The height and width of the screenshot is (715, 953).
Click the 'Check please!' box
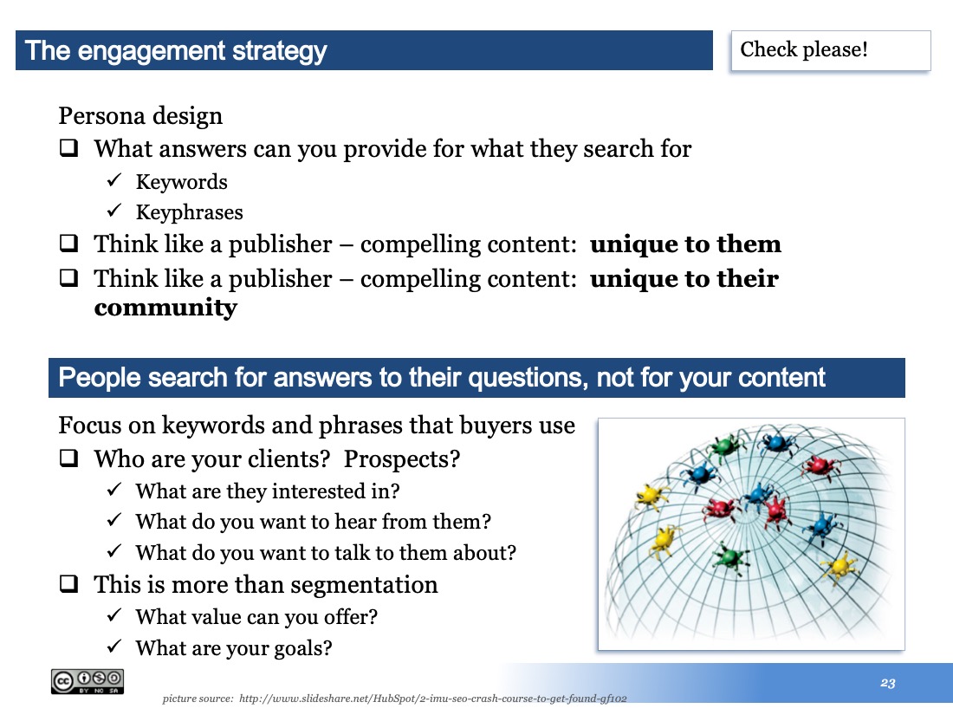pyautogui.click(x=830, y=50)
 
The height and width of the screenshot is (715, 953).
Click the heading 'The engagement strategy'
pyautogui.click(x=176, y=50)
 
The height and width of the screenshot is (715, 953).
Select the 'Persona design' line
pyautogui.click(x=140, y=115)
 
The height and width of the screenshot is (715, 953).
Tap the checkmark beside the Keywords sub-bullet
pyautogui.click(x=114, y=180)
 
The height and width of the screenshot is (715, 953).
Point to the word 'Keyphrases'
pyautogui.click(x=189, y=212)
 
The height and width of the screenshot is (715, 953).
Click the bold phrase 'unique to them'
pyautogui.click(x=685, y=244)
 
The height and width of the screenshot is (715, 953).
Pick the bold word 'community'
pyautogui.click(x=165, y=307)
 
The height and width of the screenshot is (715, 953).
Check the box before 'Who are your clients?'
pyautogui.click(x=68, y=458)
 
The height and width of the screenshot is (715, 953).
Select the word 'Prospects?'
pyautogui.click(x=402, y=459)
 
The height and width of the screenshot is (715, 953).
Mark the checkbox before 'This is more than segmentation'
pyautogui.click(x=68, y=583)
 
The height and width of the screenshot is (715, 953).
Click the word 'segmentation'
pyautogui.click(x=364, y=585)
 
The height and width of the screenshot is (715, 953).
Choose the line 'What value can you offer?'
pyautogui.click(x=256, y=617)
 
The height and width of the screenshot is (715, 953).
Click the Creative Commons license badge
pyautogui.click(x=88, y=681)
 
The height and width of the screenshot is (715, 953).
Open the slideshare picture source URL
pyautogui.click(x=432, y=699)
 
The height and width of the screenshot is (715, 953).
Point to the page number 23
pyautogui.click(x=887, y=683)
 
